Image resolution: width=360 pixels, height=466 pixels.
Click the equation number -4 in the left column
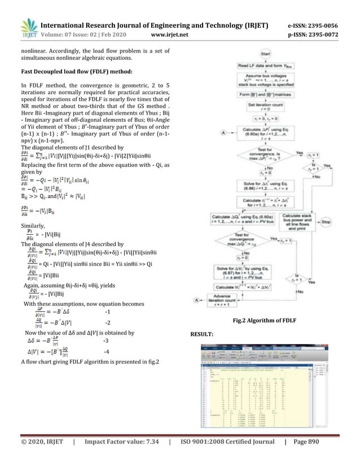(x=107, y=353)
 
